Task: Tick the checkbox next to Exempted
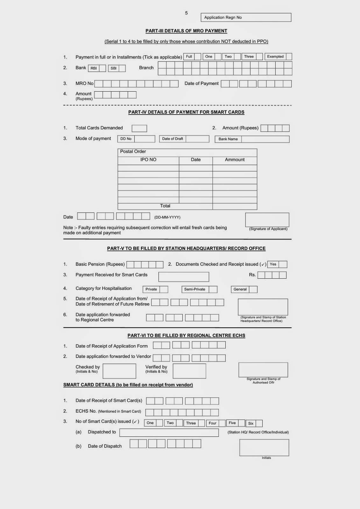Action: click(x=289, y=57)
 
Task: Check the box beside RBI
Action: click(x=102, y=68)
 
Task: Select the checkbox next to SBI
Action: click(x=122, y=68)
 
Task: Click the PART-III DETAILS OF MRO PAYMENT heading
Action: click(x=186, y=31)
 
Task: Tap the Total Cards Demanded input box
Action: click(x=139, y=129)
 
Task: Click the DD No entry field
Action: click(x=145, y=139)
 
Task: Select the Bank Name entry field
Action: click(x=265, y=139)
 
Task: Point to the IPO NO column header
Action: click(x=148, y=160)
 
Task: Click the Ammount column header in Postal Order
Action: click(x=235, y=160)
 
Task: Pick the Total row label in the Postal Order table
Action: click(x=165, y=206)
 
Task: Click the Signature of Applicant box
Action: click(x=267, y=220)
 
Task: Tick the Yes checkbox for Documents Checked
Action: click(x=283, y=264)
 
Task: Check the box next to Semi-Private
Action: click(x=213, y=289)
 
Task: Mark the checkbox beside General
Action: click(x=253, y=289)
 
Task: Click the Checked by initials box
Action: click(x=119, y=371)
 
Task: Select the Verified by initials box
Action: click(x=189, y=371)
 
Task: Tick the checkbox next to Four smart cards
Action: click(x=222, y=423)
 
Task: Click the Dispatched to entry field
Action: click(x=169, y=433)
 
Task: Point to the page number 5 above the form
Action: click(x=186, y=13)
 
